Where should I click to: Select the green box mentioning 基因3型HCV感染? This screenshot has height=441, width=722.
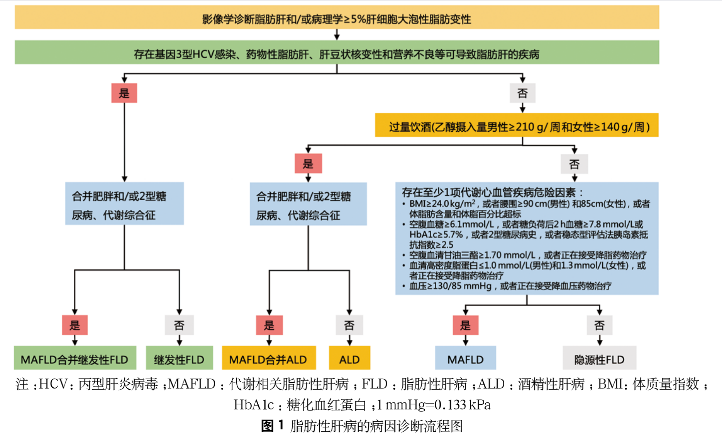pos(337,53)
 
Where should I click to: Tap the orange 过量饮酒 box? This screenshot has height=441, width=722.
pos(517,126)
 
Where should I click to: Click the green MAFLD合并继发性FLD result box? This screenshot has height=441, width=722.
pos(75,358)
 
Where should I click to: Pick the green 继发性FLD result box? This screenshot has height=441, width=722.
pos(179,358)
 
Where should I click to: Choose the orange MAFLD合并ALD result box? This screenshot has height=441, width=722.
pos(269,358)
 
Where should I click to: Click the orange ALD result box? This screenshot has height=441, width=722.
pos(349,358)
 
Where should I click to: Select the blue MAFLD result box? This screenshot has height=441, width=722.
pos(465,358)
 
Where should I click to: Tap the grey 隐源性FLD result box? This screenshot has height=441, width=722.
pos(599,358)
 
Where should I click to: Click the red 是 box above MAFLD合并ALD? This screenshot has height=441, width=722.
pos(269,325)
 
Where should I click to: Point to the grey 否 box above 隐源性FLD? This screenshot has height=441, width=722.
pos(599,325)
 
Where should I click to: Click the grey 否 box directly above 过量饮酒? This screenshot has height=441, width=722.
pos(522,93)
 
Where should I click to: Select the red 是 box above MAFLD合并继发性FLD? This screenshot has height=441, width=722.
pos(75,325)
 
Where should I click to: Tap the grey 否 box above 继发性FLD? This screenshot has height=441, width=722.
pos(179,325)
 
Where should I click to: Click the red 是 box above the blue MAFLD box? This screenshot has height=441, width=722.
pos(465,325)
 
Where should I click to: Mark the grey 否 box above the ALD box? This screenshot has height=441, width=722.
pos(349,325)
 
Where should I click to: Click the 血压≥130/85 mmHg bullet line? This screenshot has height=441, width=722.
pos(510,286)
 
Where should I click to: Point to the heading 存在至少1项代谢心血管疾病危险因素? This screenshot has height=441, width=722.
pos(493,192)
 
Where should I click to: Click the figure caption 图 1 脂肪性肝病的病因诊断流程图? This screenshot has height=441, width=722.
pos(362,426)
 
